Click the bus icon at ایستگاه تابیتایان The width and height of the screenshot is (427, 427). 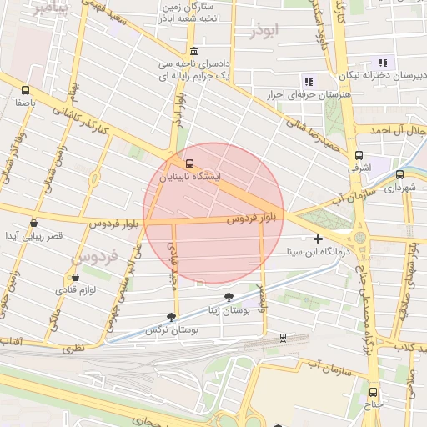190,163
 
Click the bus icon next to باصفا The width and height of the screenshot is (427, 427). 25,90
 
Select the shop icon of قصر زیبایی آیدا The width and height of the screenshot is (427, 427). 33,224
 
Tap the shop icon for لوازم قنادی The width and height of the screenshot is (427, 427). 76,277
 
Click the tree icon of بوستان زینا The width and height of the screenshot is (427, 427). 229,297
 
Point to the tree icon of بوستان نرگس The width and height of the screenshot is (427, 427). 171,317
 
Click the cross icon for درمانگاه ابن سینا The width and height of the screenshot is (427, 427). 318,239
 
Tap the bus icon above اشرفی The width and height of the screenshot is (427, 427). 359,155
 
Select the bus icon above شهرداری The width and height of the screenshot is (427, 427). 399,175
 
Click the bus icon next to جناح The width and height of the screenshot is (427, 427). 372,392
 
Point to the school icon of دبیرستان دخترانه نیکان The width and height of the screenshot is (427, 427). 383,63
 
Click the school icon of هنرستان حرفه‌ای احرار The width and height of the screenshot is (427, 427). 309,82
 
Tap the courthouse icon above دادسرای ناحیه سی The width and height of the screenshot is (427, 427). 193,50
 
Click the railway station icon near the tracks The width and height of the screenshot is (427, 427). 283,338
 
